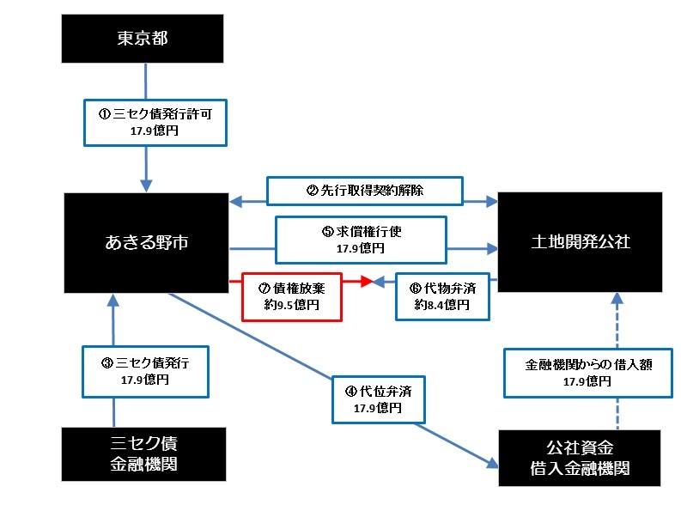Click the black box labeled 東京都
(x=146, y=37)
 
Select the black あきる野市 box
(x=146, y=242)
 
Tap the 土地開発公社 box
(x=580, y=242)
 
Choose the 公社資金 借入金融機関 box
(x=580, y=458)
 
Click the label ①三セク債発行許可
(x=155, y=121)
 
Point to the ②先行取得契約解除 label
(x=365, y=191)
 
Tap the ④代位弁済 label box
(x=377, y=399)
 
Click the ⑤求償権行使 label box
(x=361, y=239)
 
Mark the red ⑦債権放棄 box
(x=293, y=296)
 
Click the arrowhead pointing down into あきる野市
(x=146, y=186)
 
